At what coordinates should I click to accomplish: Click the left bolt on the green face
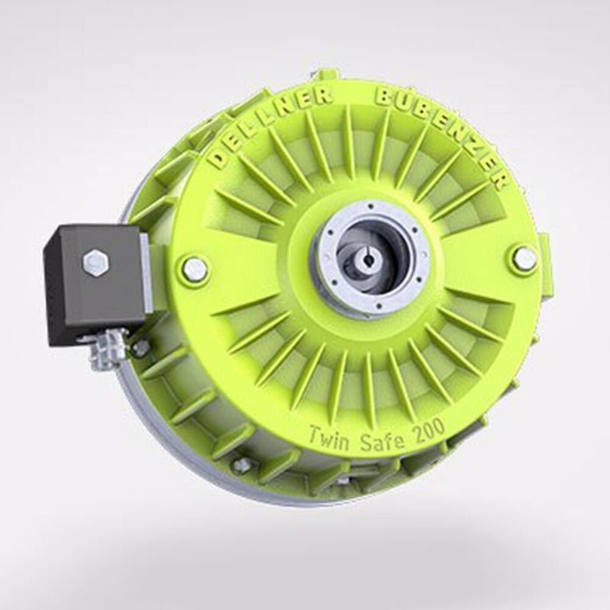194,268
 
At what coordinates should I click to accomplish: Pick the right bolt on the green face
524,259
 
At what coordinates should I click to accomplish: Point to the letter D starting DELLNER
219,159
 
